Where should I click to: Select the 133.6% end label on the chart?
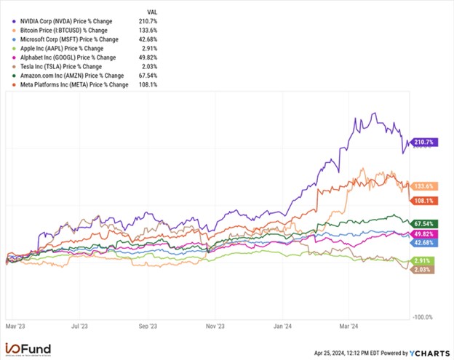tap(423, 185)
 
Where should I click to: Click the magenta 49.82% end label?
tap(423, 233)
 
